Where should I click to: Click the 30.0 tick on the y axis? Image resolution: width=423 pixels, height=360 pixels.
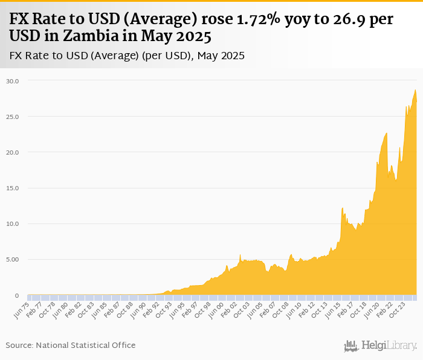point(13,81)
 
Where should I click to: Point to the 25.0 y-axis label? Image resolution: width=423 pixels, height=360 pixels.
point(13,117)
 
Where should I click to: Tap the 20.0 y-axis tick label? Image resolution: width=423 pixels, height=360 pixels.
point(13,152)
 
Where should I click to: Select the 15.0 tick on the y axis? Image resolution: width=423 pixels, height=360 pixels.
point(13,188)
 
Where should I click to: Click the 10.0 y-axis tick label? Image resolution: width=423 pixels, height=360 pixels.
point(13,224)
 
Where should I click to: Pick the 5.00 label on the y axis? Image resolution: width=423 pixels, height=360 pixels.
point(13,260)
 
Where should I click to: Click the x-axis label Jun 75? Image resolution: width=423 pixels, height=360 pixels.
point(21,310)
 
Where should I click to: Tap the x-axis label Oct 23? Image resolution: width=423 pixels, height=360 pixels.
point(397,310)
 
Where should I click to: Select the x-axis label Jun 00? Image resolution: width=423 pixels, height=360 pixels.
point(216,310)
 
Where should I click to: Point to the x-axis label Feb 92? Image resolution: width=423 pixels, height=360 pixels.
point(151,310)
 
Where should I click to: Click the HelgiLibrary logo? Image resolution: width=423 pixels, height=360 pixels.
point(380,346)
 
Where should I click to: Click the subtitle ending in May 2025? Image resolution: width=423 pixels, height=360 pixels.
point(127,56)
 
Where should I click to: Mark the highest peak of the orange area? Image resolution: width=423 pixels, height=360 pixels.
point(415,90)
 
